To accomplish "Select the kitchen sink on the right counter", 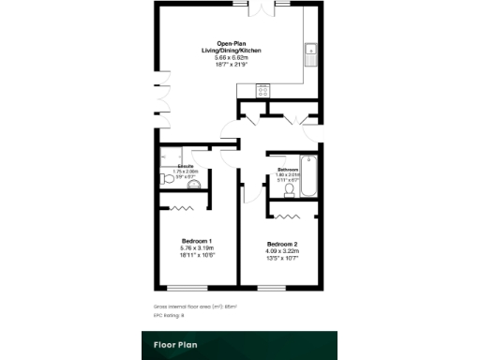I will coord(311,52).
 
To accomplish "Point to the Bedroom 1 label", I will coord(196,240).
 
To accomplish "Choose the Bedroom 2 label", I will coord(282,244).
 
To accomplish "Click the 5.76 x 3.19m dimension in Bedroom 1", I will coord(196,247).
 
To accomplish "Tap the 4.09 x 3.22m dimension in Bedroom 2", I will coord(282,251).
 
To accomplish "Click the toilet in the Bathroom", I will coord(289,191).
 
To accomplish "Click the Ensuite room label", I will coord(185,165).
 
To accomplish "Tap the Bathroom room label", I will coord(287,169).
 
